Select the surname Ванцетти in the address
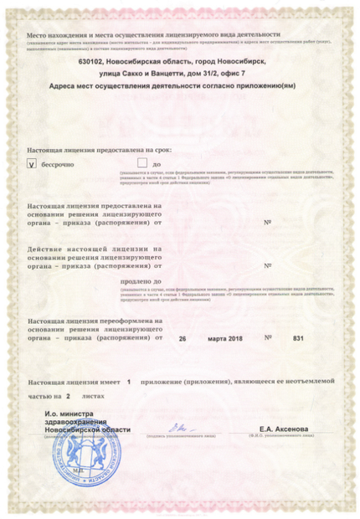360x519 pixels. pos(197,74)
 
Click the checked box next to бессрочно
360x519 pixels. pos(33,165)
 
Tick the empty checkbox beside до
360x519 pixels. pos(142,164)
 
